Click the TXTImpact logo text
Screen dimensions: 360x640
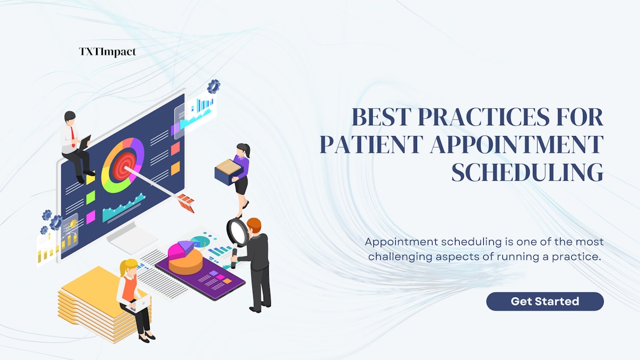107,52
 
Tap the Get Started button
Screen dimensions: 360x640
545,301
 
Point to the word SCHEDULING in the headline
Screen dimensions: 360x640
527,173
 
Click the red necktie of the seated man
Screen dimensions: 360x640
72,133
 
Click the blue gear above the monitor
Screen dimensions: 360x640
214,86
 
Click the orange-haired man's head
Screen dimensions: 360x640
253,225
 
